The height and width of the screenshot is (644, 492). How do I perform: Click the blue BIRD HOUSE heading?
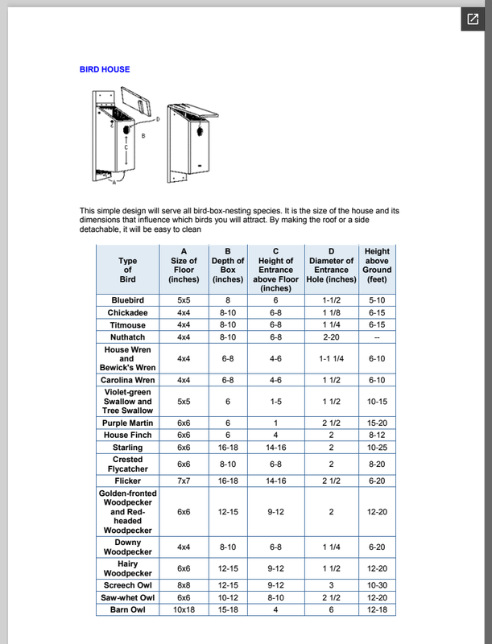[105, 69]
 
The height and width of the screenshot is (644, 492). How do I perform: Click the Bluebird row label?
[127, 299]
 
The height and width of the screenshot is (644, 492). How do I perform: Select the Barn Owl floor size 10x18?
[184, 610]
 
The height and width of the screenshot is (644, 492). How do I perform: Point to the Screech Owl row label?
[127, 584]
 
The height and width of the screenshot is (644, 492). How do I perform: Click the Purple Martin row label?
[127, 423]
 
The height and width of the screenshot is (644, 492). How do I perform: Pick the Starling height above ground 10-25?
[377, 448]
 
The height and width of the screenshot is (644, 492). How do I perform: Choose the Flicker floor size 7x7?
[184, 481]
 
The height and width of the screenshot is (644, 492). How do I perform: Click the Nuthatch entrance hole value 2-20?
[331, 338]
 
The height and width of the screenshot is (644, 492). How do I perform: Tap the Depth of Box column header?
[228, 265]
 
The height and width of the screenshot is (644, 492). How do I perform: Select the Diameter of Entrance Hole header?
[331, 265]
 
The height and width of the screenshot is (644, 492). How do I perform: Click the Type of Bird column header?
[127, 270]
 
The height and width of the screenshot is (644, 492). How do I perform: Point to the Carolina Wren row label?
[127, 380]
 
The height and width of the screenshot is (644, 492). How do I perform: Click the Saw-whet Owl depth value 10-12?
[228, 597]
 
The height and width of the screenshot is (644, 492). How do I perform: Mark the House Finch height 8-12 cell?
[377, 436]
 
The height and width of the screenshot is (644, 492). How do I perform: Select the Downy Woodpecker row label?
[127, 547]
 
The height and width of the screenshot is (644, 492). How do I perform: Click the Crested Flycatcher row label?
[127, 464]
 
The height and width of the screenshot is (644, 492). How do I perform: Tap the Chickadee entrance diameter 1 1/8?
[331, 312]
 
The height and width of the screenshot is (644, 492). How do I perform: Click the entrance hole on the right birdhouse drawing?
[201, 130]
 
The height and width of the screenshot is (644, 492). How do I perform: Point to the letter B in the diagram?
[143, 136]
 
